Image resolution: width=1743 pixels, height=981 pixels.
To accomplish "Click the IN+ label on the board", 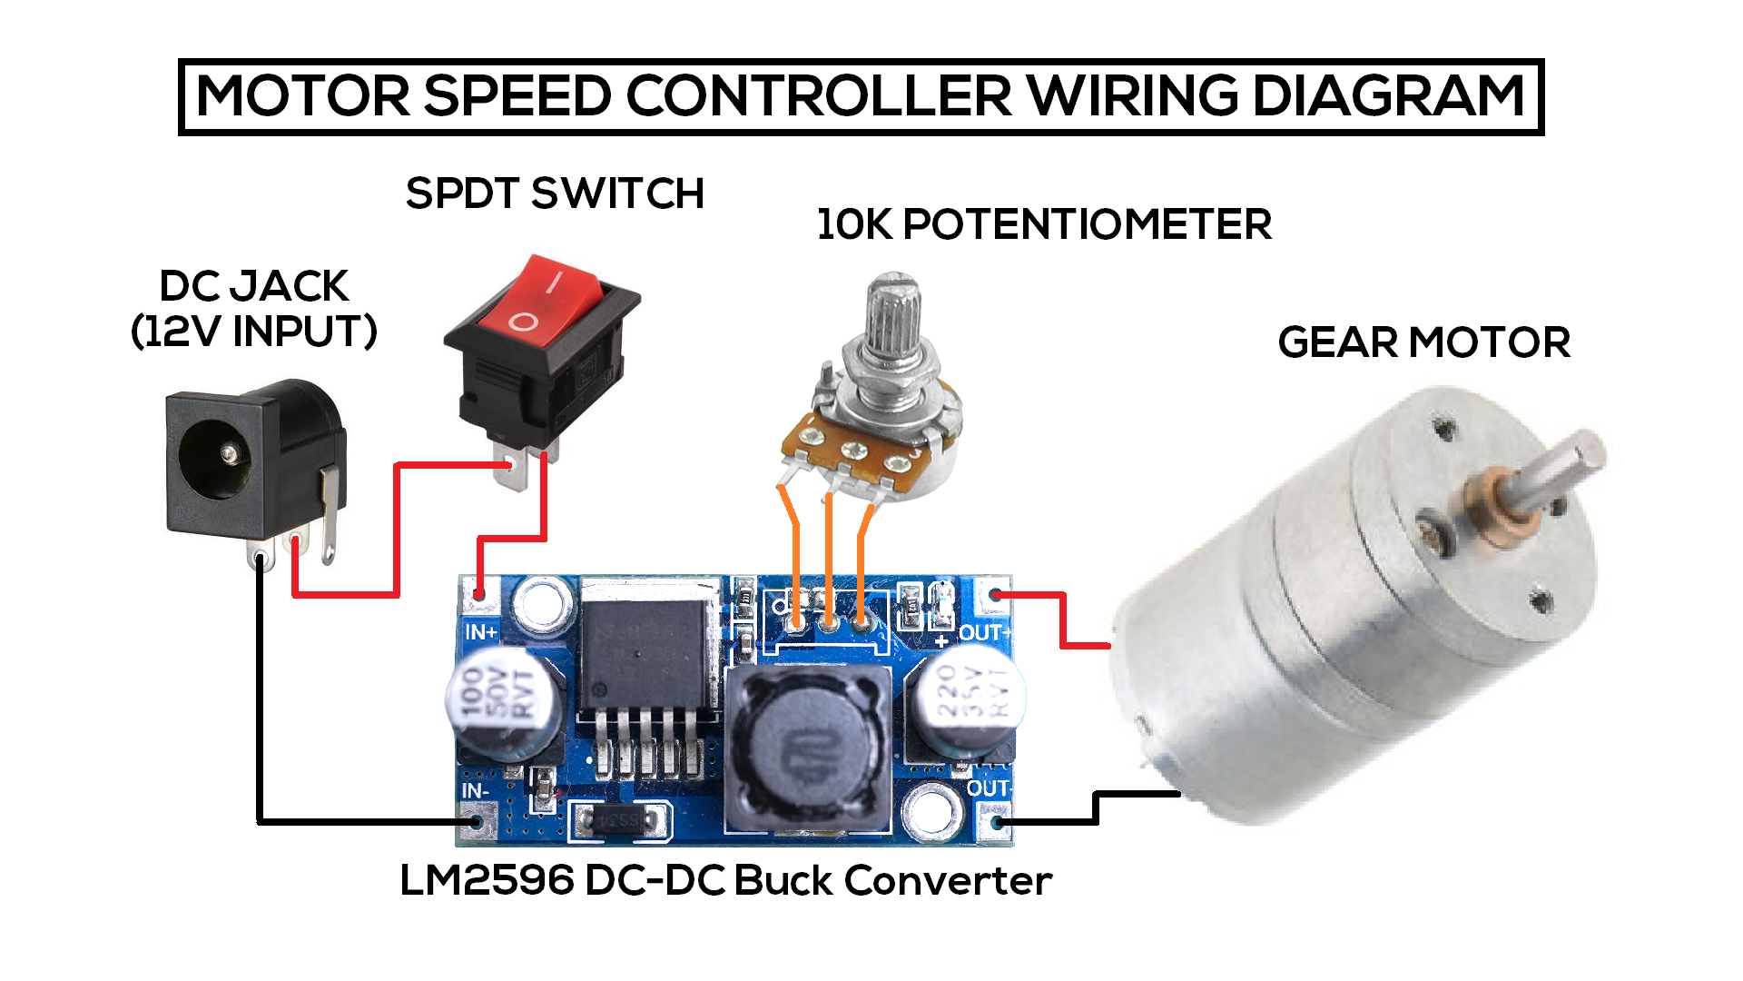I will pos(481,632).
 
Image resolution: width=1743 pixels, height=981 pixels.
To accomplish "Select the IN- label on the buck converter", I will pos(476,791).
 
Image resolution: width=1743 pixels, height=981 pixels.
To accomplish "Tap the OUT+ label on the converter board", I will pos(984,632).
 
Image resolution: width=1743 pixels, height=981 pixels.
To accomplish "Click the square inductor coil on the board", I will pos(808,749).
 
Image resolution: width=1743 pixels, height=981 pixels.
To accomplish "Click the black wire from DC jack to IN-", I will pos(261,708).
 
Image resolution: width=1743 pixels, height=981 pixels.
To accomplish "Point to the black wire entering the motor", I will pos(1135,794).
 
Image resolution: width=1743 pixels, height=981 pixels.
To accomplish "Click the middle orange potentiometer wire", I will pos(829,554).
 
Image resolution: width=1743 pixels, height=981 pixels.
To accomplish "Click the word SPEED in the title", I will pos(517,96).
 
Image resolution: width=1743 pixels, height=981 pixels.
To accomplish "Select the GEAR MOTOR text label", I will pos(1423,343).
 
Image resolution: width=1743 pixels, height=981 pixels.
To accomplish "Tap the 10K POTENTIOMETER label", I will pos(1044,224).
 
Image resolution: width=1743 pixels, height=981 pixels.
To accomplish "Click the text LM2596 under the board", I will pos(487,880).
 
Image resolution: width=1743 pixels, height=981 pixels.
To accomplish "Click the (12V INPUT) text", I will pos(254,332).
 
